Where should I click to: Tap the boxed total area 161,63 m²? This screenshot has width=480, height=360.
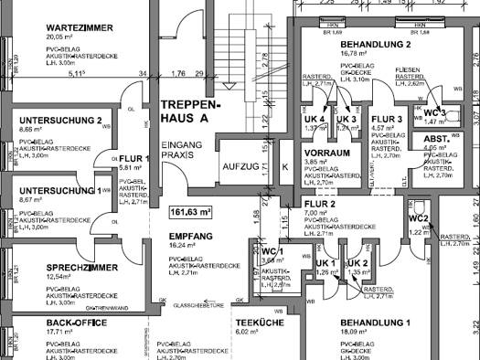189,212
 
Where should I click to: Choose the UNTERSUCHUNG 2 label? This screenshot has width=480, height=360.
60,121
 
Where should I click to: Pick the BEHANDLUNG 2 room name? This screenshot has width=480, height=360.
375,45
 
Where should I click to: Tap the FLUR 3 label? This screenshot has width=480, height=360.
388,119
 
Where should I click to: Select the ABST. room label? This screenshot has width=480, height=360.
435,139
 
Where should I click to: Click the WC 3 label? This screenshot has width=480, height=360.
435,111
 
